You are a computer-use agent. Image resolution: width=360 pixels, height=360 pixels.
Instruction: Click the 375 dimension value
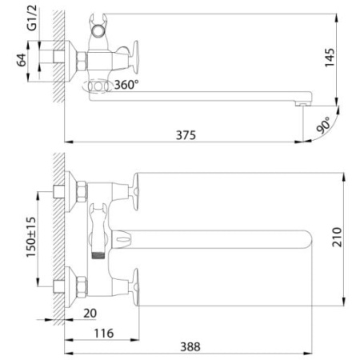tap(185, 135)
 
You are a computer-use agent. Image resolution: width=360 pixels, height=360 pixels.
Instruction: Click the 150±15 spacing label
tap(30, 238)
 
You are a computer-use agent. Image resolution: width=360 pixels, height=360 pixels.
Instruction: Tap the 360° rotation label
tap(126, 84)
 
